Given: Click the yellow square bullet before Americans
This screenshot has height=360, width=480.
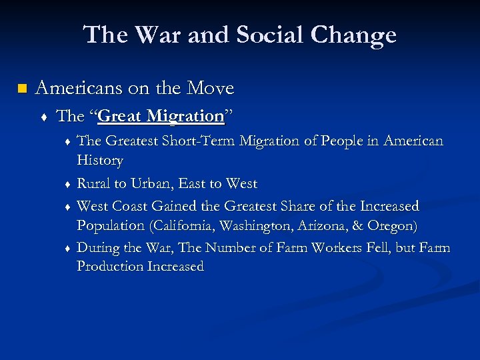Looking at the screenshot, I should pos(22,89).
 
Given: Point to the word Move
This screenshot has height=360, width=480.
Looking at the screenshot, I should pos(210,88).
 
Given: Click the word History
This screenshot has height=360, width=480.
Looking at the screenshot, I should pos(100,161).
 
